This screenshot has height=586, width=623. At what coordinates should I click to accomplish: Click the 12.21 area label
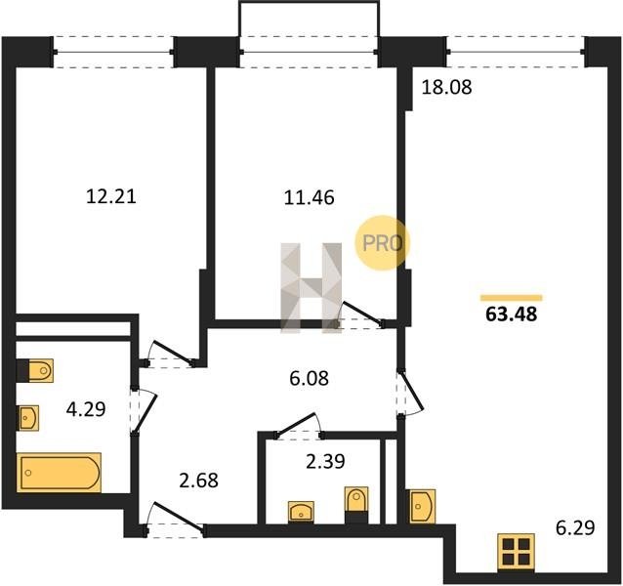pyautogui.click(x=111, y=196)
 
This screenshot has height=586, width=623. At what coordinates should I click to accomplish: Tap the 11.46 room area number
pyautogui.click(x=310, y=197)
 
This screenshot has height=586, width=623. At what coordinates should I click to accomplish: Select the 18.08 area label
pyautogui.click(x=446, y=87)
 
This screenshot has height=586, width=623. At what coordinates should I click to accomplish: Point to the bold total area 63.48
pyautogui.click(x=512, y=314)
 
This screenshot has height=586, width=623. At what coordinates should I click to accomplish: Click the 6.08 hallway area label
pyautogui.click(x=310, y=378)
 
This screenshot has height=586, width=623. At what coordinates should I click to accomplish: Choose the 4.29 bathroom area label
pyautogui.click(x=86, y=409)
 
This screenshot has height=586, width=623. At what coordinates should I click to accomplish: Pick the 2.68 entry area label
pyautogui.click(x=198, y=480)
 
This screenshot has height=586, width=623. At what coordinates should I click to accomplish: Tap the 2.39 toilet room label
pyautogui.click(x=325, y=461)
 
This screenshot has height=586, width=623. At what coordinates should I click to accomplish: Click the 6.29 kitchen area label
pyautogui.click(x=575, y=528)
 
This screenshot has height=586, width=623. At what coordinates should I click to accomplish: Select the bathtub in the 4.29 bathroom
pyautogui.click(x=60, y=473)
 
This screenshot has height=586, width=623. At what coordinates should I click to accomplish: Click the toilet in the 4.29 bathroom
pyautogui.click(x=35, y=371)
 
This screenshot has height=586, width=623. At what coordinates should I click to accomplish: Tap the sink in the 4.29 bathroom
pyautogui.click(x=27, y=418)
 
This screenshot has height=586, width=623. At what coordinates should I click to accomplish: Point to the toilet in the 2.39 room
pyautogui.click(x=356, y=505)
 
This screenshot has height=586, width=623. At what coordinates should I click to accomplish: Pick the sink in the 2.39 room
pyautogui.click(x=301, y=512)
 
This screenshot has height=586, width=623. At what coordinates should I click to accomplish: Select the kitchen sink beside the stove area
pyautogui.click(x=423, y=506)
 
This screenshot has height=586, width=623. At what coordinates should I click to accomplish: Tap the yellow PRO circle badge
pyautogui.click(x=381, y=243)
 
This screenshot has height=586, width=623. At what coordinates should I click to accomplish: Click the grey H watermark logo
pyautogui.click(x=311, y=288)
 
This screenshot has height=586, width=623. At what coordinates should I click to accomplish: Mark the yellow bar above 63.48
pyautogui.click(x=512, y=298)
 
